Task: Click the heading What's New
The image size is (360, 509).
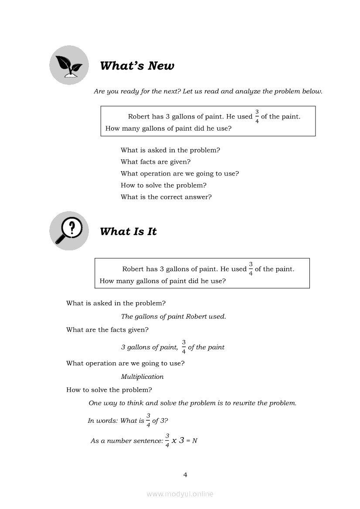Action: pos(137,66)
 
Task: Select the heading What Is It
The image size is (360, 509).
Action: pos(128,232)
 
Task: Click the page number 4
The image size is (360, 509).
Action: pos(185,475)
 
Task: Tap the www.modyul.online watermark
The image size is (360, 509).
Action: pos(180,494)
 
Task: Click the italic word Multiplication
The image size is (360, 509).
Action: pos(142,377)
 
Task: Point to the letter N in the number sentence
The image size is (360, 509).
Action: pos(195,441)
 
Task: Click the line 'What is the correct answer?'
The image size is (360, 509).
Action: pos(166,197)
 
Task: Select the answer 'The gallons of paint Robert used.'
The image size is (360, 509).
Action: pos(173,317)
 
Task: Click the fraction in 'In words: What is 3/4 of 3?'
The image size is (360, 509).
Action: pos(148,420)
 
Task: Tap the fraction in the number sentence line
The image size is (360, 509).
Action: pos(167,440)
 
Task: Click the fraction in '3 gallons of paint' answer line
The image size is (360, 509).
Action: pos(183,347)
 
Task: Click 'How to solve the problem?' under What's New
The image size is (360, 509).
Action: pos(163,185)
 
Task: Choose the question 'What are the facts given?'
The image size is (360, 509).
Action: pos(107,330)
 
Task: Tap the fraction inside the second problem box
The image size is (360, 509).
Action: pos(251,269)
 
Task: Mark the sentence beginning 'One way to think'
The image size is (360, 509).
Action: pos(192,403)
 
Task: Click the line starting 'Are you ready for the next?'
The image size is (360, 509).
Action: pos(208,91)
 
